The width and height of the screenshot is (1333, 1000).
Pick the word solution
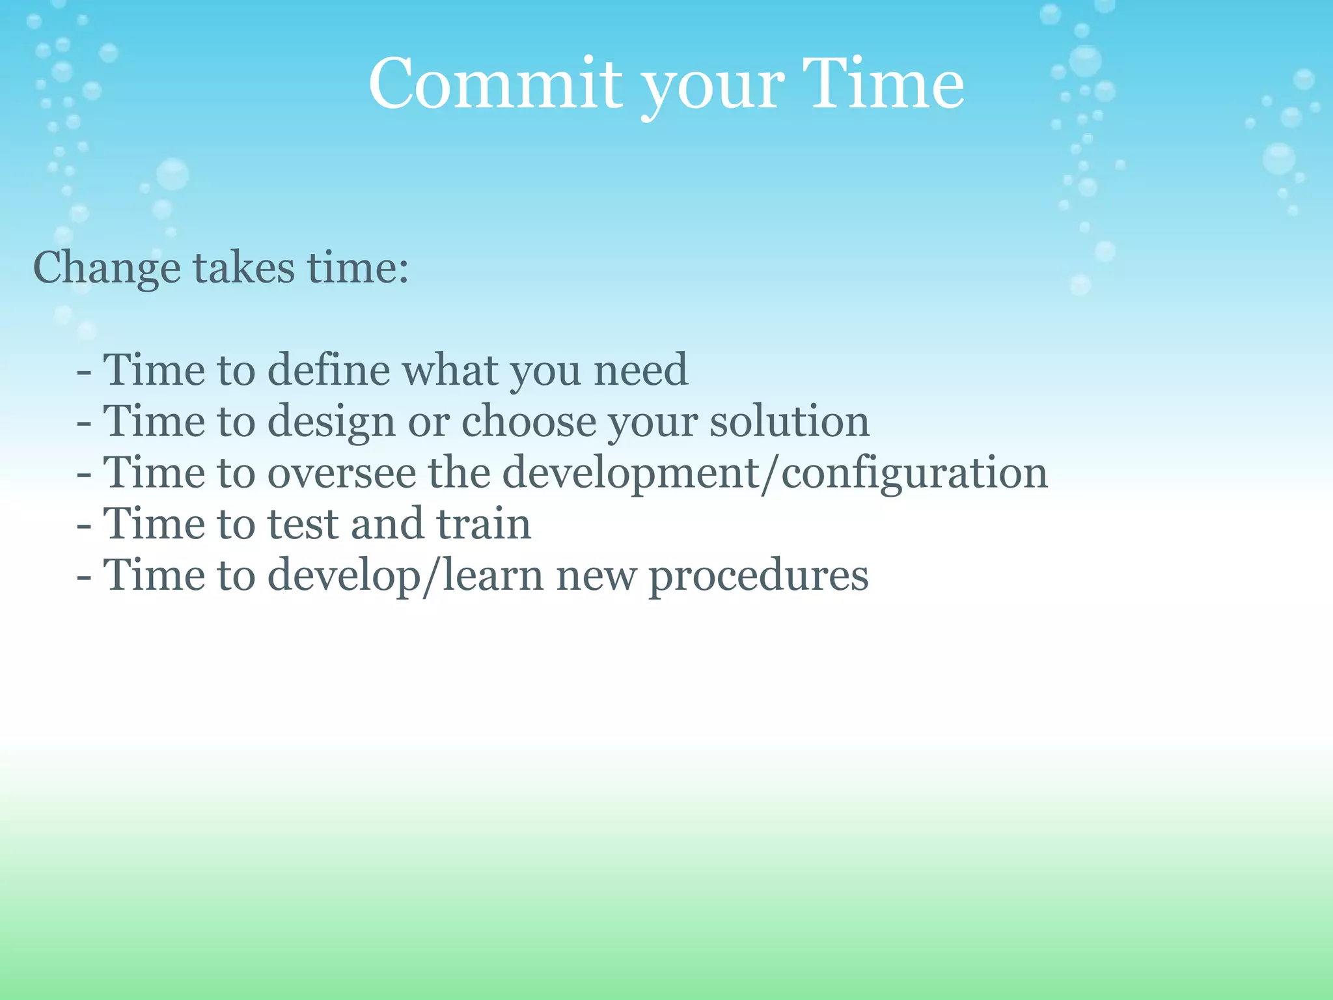point(789,421)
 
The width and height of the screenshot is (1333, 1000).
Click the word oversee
point(342,473)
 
